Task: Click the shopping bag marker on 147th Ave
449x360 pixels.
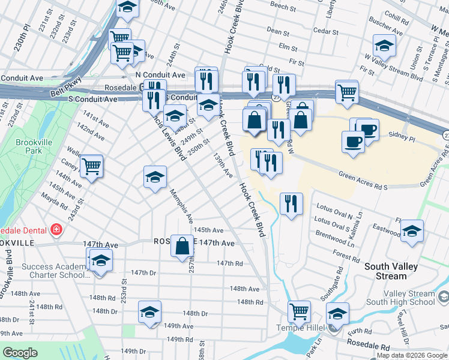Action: click(182, 245)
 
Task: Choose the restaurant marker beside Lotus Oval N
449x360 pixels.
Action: click(291, 203)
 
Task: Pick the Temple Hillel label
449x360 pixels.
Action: click(301, 327)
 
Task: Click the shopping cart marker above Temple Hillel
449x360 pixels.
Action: click(298, 311)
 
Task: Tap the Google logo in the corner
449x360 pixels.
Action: click(20, 353)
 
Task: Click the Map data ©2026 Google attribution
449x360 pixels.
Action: click(411, 355)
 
